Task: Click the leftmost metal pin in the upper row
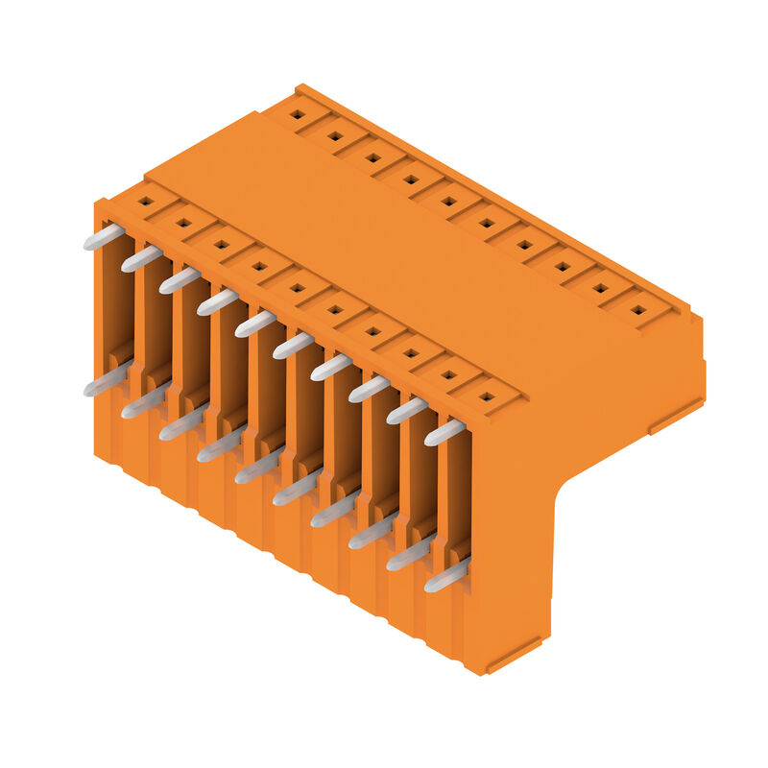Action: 104,236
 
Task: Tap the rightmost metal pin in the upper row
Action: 444,432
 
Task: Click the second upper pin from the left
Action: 141,258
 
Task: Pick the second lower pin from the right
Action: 409,554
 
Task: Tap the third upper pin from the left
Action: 180,279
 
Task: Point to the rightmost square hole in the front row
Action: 486,396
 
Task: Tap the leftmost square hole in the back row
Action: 298,114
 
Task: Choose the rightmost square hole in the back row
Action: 637,310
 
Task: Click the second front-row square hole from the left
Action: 183,223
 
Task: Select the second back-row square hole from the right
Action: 600,288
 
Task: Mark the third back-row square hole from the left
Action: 372,157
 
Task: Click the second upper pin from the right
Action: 407,410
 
